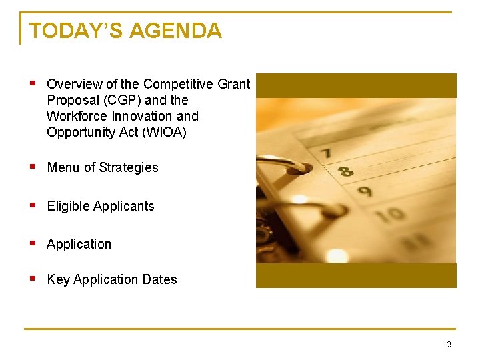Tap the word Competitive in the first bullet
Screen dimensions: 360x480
pyautogui.click(x=178, y=85)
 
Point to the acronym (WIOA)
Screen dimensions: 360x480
pyautogui.click(x=164, y=132)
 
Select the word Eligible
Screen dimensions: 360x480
pyautogui.click(x=68, y=206)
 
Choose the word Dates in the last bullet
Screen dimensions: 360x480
pyautogui.click(x=160, y=279)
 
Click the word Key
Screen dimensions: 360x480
pyautogui.click(x=58, y=279)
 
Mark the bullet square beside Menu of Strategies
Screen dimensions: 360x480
pyautogui.click(x=32, y=167)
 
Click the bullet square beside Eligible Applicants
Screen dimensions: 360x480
pyautogui.click(x=32, y=205)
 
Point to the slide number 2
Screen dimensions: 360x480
pyautogui.click(x=449, y=345)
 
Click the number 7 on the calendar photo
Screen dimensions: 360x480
pyautogui.click(x=325, y=153)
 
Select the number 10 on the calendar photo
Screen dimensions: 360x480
pyautogui.click(x=394, y=214)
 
